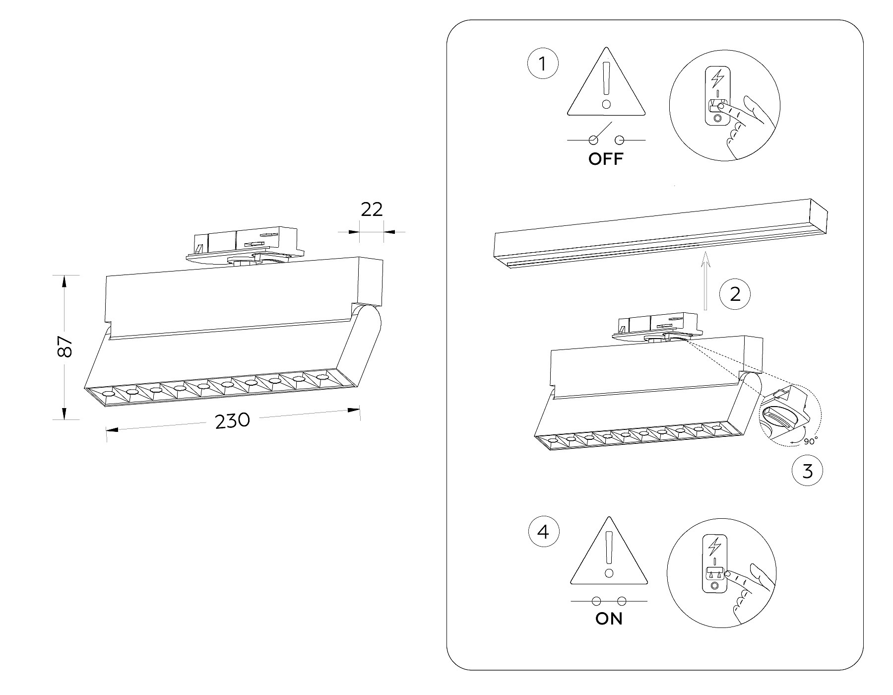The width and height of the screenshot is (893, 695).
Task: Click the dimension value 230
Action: tap(232, 421)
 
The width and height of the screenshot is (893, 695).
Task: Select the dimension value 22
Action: tap(372, 209)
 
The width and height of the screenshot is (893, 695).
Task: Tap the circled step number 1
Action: tap(543, 64)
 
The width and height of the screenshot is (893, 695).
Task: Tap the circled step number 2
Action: tap(735, 294)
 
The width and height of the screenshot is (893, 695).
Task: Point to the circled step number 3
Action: tap(808, 470)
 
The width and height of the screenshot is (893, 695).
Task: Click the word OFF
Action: tap(605, 159)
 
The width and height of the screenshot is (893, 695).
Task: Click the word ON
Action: tap(609, 619)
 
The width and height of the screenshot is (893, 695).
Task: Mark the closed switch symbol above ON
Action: tap(609, 601)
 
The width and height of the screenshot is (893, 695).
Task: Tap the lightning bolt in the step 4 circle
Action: tap(714, 547)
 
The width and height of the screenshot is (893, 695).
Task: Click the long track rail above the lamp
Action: tap(660, 233)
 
